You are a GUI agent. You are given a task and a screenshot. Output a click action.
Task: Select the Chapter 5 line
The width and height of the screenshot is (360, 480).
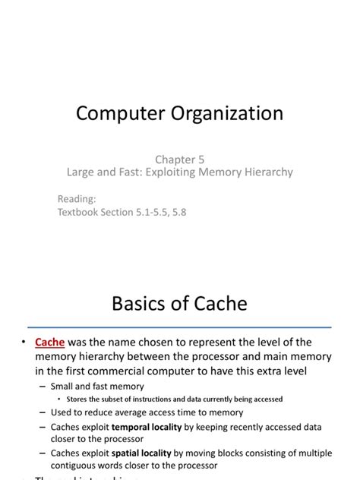click(x=180, y=159)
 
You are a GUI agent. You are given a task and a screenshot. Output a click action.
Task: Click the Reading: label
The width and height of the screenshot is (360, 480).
click(x=77, y=199)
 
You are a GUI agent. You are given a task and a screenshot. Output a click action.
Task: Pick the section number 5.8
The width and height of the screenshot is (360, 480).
click(x=178, y=213)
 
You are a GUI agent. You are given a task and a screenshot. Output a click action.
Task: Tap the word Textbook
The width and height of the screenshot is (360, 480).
click(x=81, y=213)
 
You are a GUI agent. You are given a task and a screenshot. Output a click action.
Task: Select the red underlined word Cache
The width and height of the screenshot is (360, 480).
click(x=50, y=342)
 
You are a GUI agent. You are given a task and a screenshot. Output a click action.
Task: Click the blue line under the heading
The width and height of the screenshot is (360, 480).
click(x=180, y=327)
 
